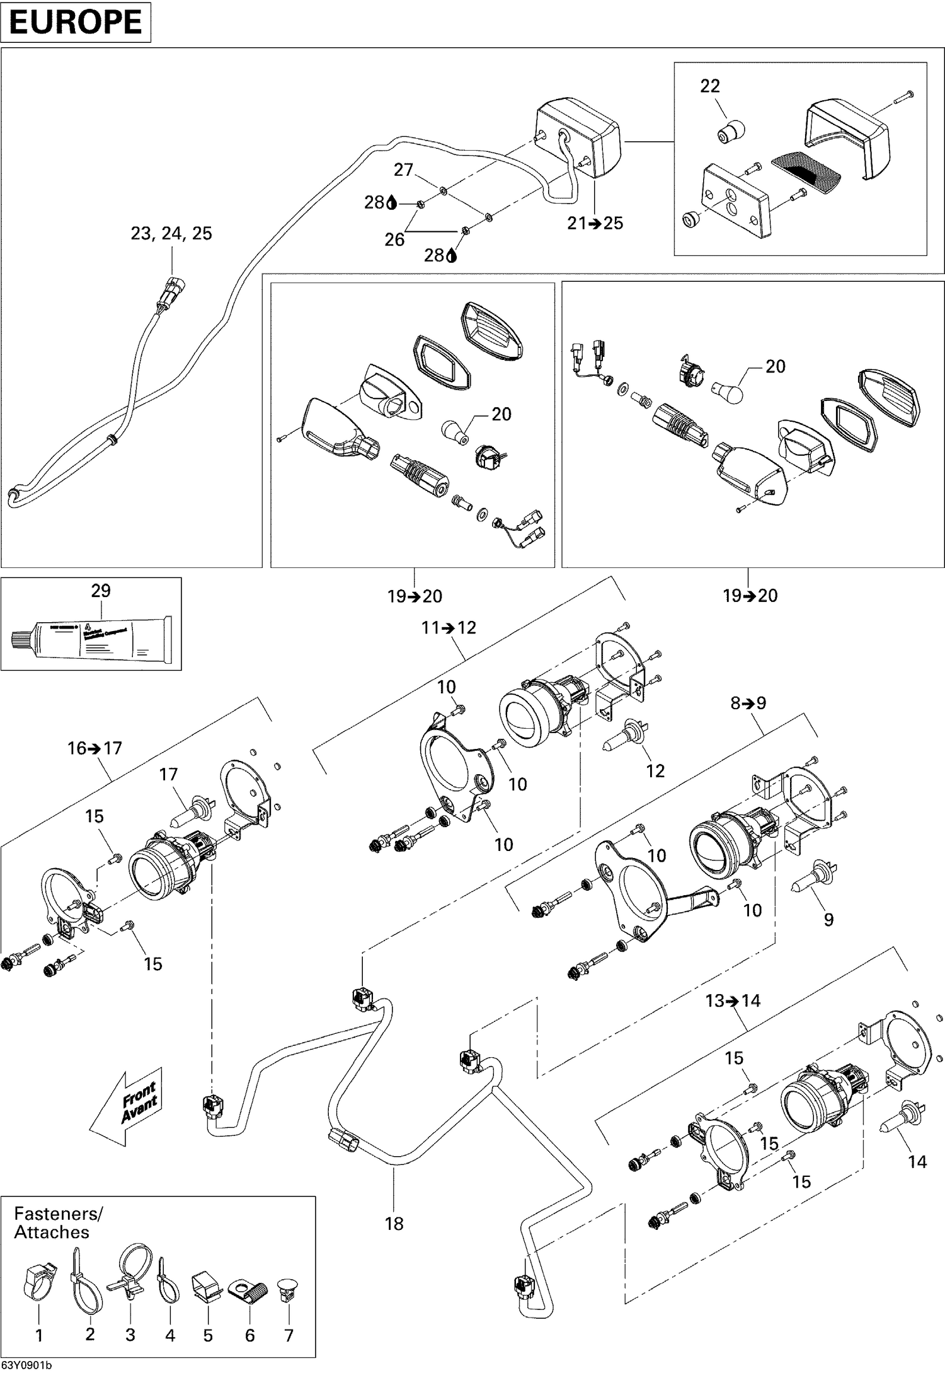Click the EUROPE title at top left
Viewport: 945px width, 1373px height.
[76, 22]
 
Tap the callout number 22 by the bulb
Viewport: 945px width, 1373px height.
[710, 86]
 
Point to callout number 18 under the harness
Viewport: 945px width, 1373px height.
[394, 1224]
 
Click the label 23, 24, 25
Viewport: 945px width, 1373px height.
[171, 233]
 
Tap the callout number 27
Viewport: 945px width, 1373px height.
[403, 170]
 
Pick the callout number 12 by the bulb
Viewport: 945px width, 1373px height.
[655, 770]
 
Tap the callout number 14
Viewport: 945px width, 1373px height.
[917, 1161]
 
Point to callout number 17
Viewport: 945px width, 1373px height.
[168, 773]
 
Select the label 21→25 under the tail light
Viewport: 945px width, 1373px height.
[595, 223]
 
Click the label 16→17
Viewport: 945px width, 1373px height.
[94, 748]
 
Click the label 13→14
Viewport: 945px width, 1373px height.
[733, 1000]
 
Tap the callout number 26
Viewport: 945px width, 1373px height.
[394, 240]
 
